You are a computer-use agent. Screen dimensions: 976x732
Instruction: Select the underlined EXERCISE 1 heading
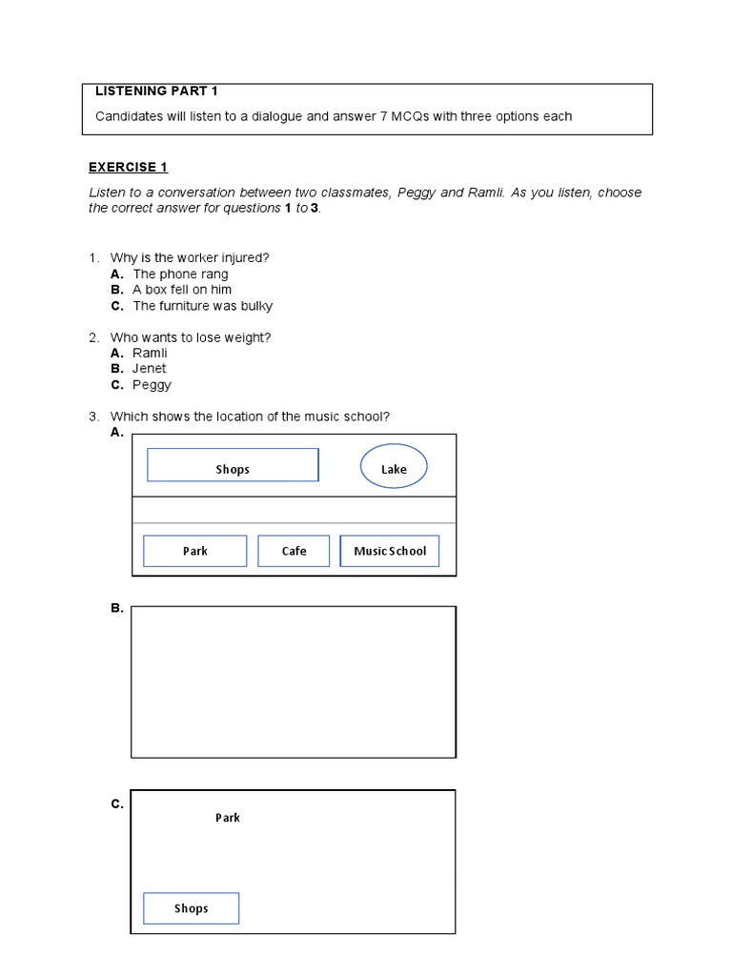tap(128, 168)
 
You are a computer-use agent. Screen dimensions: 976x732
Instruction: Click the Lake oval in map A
tap(394, 468)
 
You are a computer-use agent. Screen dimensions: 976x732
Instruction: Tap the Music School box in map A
tap(390, 551)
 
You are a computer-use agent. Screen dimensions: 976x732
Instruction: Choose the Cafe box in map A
tap(294, 551)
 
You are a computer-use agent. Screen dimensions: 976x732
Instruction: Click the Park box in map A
tap(194, 551)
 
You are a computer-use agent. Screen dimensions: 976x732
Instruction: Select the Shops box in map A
tap(233, 468)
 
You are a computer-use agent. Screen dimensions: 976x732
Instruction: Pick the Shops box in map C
tap(191, 908)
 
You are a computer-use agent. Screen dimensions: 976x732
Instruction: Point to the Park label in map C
tap(228, 818)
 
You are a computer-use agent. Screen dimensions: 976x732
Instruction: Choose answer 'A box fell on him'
tap(182, 290)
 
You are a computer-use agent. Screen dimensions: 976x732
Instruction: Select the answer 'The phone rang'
tap(180, 274)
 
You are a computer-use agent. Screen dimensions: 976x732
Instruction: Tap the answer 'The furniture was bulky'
tap(202, 306)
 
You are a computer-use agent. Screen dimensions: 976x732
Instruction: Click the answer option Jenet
tap(149, 369)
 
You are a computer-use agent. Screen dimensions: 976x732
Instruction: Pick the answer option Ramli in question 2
tap(150, 354)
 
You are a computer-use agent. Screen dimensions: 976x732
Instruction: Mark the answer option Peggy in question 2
tap(152, 385)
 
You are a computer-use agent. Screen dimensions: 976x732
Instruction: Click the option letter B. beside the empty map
tap(117, 608)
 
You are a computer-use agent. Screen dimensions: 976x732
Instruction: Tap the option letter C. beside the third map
tap(117, 804)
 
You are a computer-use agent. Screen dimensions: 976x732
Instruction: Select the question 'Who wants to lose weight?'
tap(196, 337)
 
